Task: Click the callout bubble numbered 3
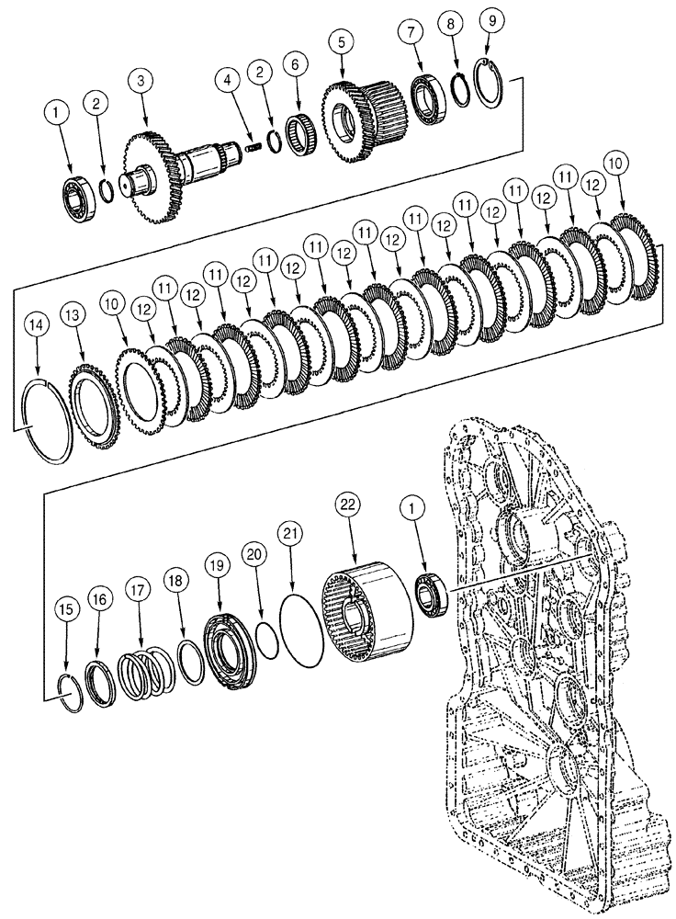click(x=141, y=81)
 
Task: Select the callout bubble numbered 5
click(x=342, y=42)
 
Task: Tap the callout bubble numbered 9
click(x=490, y=19)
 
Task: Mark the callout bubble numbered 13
click(x=73, y=316)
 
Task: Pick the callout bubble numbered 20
click(x=253, y=553)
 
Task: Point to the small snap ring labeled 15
click(x=69, y=690)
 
